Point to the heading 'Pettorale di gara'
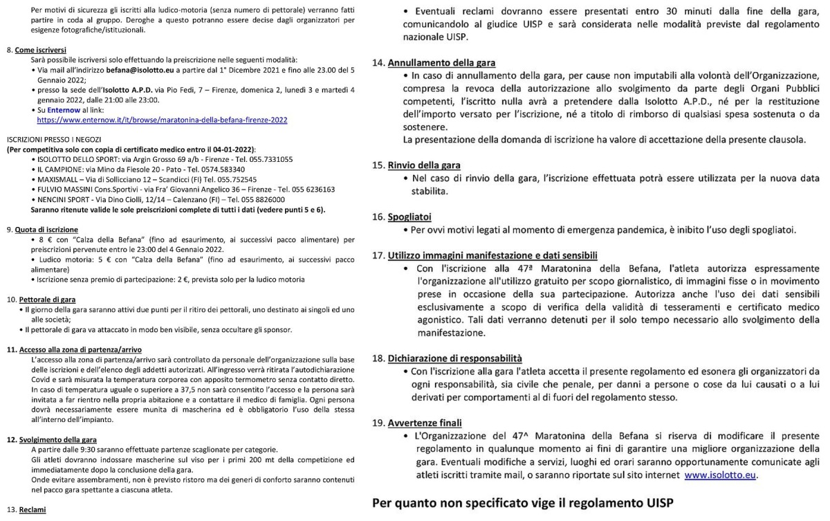(x=46, y=299)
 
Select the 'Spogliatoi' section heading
(x=412, y=217)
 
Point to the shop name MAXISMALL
(x=59, y=179)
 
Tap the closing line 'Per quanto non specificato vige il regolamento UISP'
(x=523, y=503)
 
